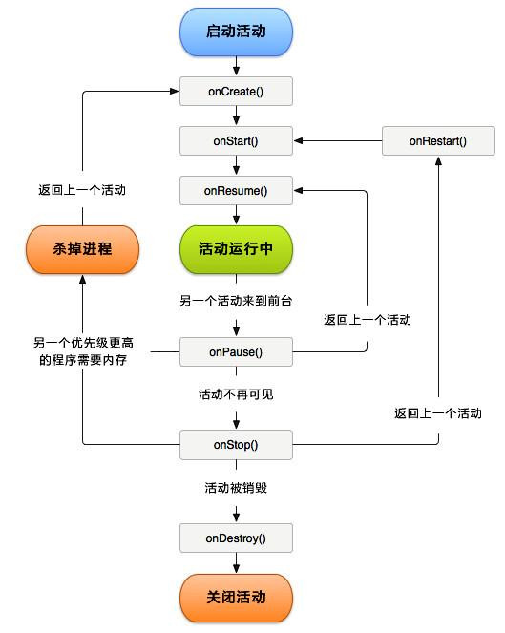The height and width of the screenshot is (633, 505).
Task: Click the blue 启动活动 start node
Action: click(x=236, y=32)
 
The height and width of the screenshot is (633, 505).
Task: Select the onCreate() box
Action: click(x=236, y=92)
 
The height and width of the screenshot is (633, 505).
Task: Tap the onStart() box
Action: click(x=236, y=141)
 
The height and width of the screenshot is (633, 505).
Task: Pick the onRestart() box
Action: click(x=438, y=141)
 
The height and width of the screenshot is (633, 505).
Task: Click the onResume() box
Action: click(x=236, y=191)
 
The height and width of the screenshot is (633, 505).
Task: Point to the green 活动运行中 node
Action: click(x=236, y=248)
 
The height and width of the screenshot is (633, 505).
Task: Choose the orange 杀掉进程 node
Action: click(x=81, y=248)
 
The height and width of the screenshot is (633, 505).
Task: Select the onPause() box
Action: click(x=236, y=352)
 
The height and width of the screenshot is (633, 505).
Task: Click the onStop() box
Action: click(x=236, y=445)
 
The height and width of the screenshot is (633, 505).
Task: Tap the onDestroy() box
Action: click(x=236, y=538)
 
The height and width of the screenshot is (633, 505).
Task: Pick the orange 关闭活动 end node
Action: click(x=236, y=598)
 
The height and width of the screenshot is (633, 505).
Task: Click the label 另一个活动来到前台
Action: click(x=236, y=301)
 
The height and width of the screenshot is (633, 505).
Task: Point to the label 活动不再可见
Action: click(x=236, y=394)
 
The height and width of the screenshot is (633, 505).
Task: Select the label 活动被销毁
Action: click(x=236, y=488)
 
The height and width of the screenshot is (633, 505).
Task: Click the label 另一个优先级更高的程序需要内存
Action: click(x=81, y=350)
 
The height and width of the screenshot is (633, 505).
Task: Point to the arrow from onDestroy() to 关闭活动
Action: click(x=236, y=565)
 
